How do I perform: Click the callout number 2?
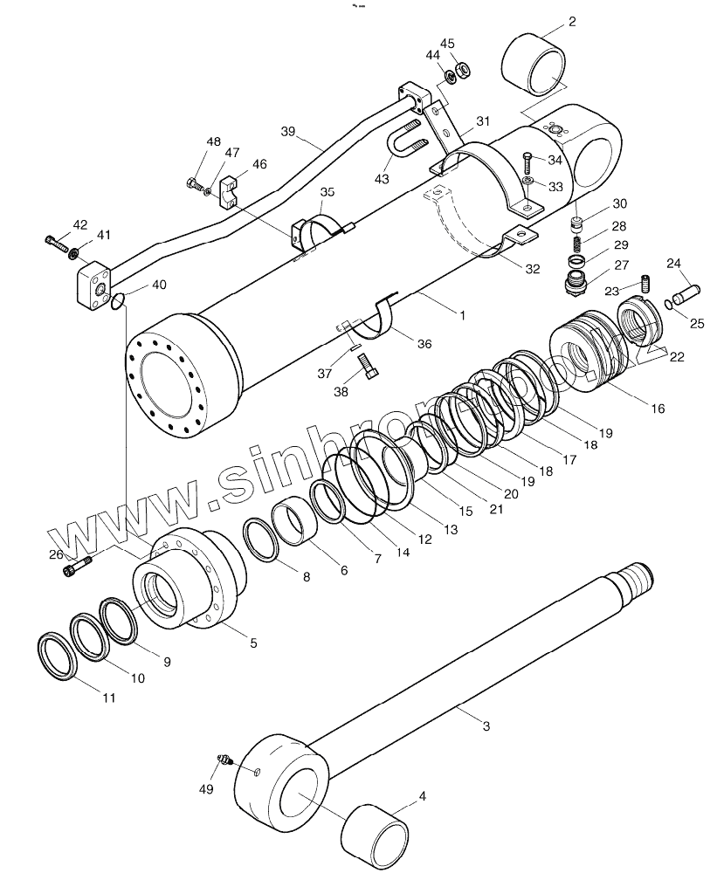pos(571,22)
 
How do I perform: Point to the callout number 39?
pos(289,132)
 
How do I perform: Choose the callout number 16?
pos(657,408)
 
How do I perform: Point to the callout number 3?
pos(486,725)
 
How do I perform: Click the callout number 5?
pos(252,643)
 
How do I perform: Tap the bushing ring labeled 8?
pos(260,542)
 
